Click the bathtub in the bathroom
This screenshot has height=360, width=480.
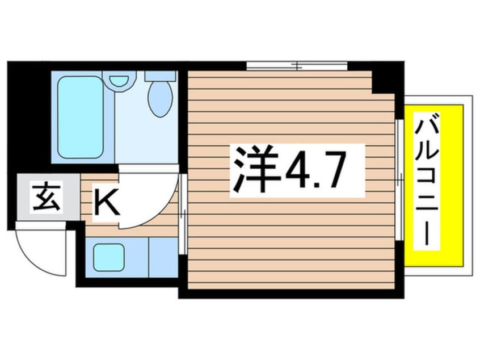point(80,116)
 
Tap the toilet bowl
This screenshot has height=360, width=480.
point(160,99)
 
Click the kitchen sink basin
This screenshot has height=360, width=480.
point(109,257)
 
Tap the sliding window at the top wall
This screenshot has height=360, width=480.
point(297,66)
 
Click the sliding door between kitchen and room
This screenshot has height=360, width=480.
point(183,214)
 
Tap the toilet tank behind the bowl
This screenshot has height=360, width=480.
point(159,76)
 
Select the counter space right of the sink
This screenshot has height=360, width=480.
point(163,257)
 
